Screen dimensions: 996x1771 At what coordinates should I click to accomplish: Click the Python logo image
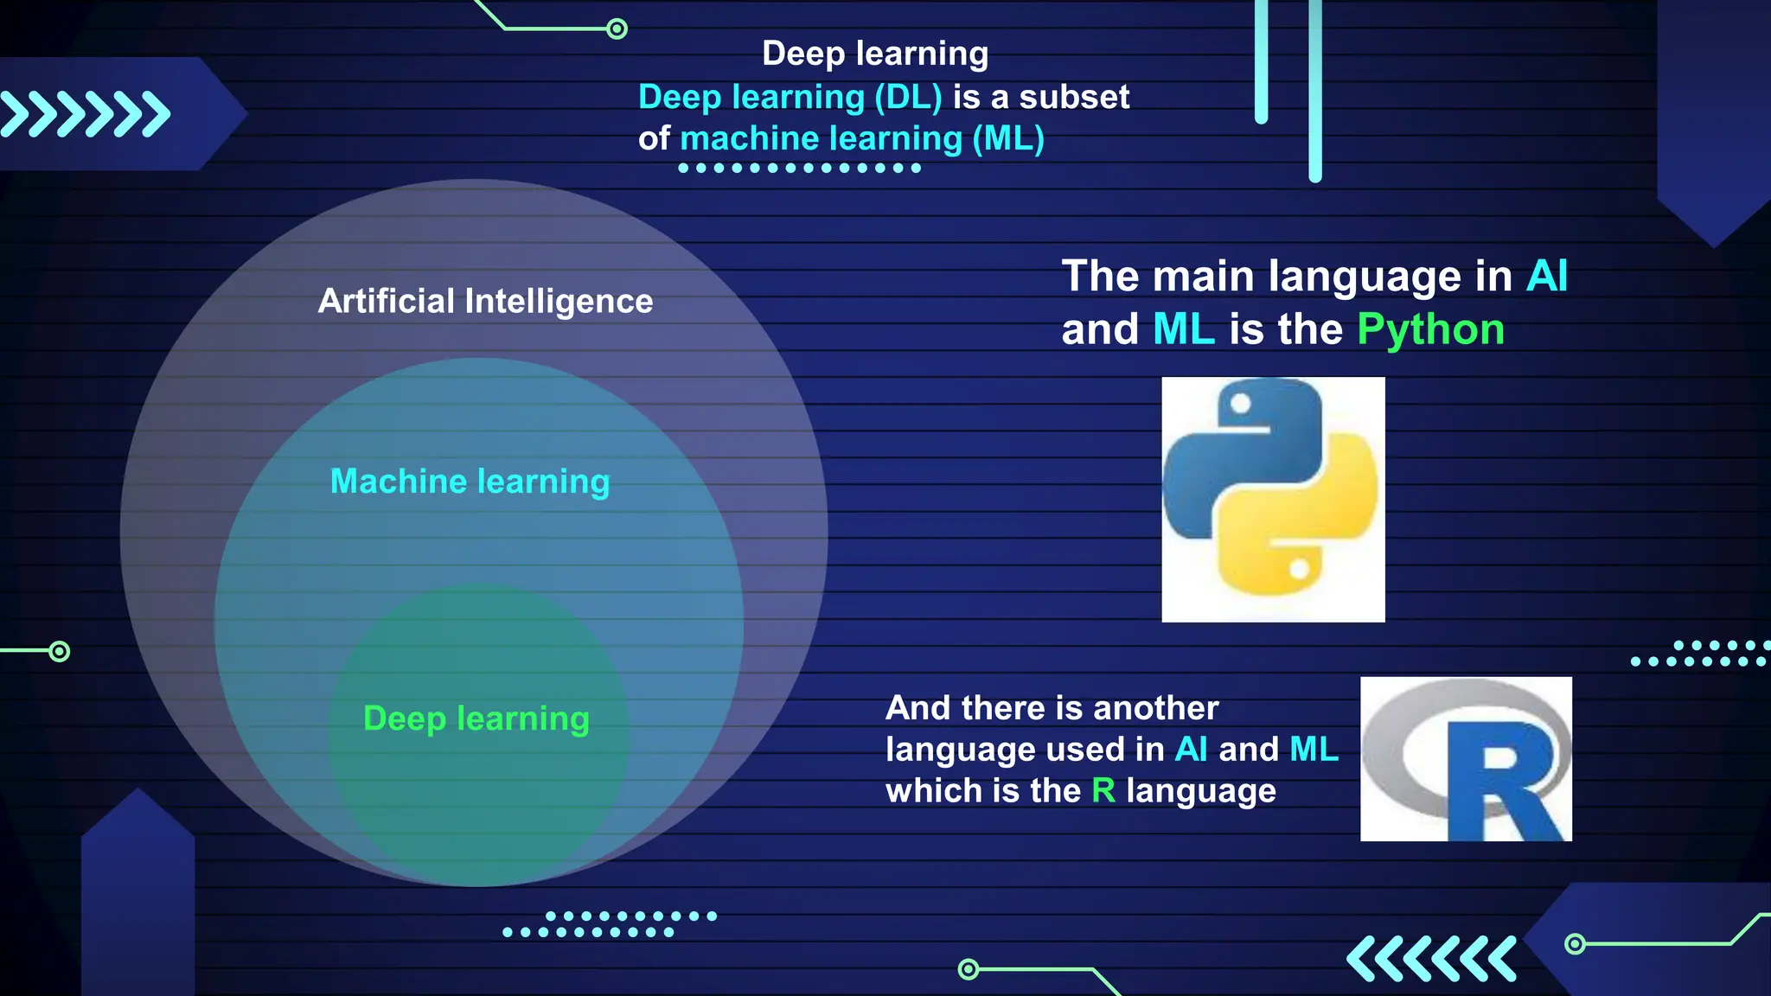tap(1273, 499)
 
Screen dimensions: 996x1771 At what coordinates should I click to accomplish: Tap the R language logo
tap(1466, 758)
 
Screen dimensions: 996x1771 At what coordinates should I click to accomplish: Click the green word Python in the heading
tap(1430, 329)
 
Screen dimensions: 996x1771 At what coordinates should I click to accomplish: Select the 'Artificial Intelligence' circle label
tap(485, 301)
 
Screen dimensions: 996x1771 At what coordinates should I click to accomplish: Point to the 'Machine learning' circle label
tap(470, 481)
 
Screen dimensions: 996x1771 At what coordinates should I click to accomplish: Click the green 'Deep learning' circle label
tap(476, 718)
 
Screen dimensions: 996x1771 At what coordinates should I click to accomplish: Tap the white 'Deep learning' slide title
tap(874, 54)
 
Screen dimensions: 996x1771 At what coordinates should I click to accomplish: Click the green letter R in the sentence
tap(1103, 790)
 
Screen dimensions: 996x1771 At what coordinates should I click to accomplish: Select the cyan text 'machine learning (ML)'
tap(862, 138)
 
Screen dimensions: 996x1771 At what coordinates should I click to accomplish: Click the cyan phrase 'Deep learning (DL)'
tap(790, 97)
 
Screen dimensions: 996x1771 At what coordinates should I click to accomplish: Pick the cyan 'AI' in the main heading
tap(1546, 276)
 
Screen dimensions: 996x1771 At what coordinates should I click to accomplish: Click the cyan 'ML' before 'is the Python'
tap(1183, 329)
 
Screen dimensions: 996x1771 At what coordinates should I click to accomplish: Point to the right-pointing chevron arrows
tap(85, 114)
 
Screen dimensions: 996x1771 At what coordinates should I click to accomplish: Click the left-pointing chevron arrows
tap(1431, 958)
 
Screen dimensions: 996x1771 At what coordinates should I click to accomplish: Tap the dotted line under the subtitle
tap(799, 168)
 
